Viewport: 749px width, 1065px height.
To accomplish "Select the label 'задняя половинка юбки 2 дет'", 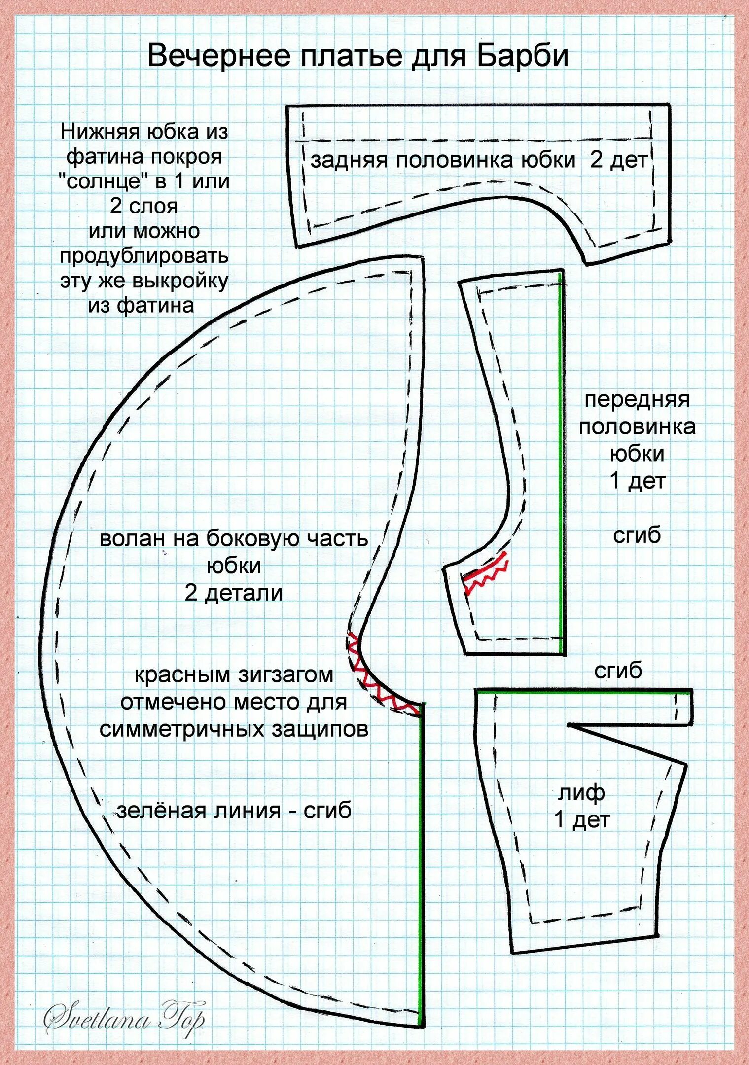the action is (478, 160).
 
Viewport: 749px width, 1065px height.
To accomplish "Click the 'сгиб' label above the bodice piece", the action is (618, 670).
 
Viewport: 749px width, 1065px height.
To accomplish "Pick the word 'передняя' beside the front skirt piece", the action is (637, 399).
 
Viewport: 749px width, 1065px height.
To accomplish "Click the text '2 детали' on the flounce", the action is (234, 592).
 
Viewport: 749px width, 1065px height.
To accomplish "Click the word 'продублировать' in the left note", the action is (144, 256).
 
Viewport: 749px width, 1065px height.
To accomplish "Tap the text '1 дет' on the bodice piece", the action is (582, 819).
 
